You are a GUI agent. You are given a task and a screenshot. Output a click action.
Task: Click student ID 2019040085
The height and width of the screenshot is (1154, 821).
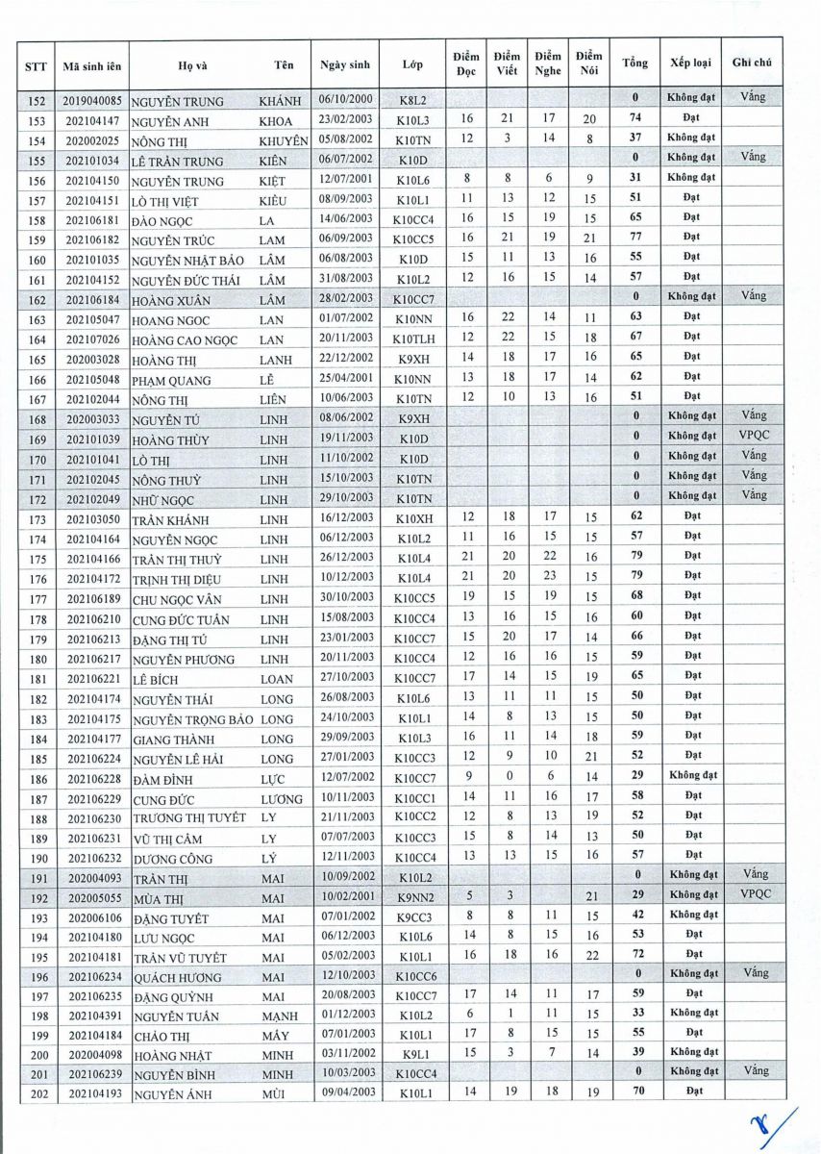click(x=90, y=99)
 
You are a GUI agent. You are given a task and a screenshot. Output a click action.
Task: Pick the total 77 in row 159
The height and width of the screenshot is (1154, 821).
click(x=635, y=238)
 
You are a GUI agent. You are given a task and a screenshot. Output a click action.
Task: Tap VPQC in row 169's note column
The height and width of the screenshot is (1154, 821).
click(x=754, y=437)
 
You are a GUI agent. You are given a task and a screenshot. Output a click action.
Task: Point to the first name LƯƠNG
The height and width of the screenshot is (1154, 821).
click(x=281, y=798)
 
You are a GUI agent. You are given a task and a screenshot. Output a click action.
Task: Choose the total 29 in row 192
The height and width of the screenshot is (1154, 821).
click(x=635, y=894)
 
